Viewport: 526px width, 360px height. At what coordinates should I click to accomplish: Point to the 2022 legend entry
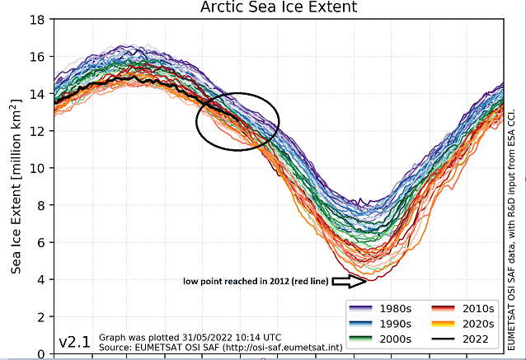click(x=467, y=339)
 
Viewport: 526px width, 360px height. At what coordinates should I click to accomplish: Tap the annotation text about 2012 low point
click(x=256, y=282)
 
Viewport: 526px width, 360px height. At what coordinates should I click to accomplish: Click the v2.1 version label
click(x=76, y=341)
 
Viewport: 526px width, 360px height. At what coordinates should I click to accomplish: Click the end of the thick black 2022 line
click(x=240, y=120)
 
